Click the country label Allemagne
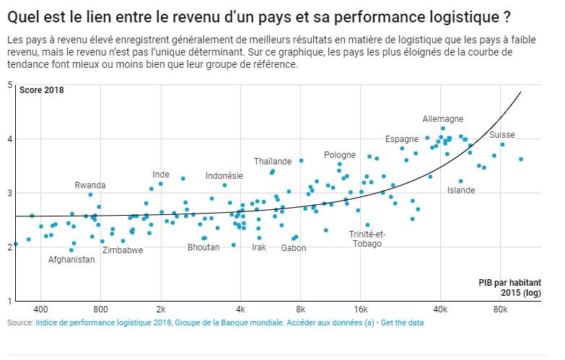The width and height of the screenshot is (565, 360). tap(443, 119)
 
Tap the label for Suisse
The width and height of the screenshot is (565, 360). tap(502, 135)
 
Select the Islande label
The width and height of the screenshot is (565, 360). tap(461, 190)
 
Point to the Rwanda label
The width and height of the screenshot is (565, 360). tap(90, 185)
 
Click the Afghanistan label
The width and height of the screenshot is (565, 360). tap(71, 260)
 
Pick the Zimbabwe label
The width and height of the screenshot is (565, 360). tap(123, 250)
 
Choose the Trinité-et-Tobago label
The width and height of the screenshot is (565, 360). tap(367, 239)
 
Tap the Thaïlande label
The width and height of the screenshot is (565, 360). tap(273, 161)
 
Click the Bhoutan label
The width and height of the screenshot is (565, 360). tap(203, 247)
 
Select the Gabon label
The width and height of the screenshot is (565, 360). tap(294, 247)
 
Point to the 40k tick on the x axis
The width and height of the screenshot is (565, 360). tap(440, 309)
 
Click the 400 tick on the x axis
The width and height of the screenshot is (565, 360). tap(40, 309)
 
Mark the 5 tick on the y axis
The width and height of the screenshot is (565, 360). tap(10, 85)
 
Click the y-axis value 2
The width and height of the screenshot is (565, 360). tap(10, 247)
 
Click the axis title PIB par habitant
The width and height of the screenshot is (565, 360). tap(509, 283)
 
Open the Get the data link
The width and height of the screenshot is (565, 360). tap(402, 323)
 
